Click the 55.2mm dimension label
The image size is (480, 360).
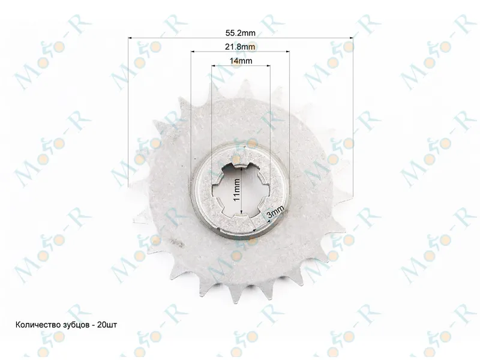pos(241,33)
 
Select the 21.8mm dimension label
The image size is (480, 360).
pos(241,47)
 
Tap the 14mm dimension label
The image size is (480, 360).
pos(241,61)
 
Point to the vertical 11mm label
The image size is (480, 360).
pos(236,190)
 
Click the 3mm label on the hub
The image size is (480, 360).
pos(275,212)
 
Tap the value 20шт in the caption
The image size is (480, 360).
pos(107,325)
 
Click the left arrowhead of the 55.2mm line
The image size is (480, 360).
pos(130,38)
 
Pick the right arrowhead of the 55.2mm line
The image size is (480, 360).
pos(351,38)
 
